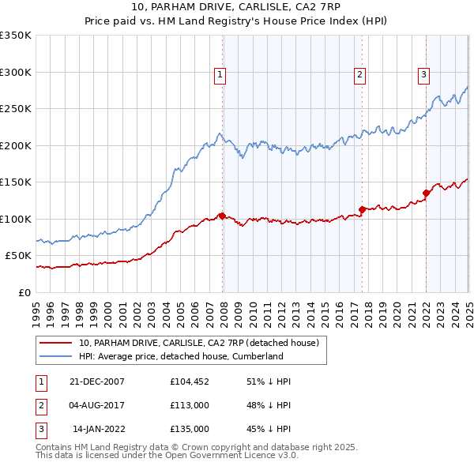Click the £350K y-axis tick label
(16, 36)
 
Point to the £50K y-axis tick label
(18, 256)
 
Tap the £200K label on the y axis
(16, 145)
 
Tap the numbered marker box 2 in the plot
(359, 75)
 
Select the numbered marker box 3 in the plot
(423, 75)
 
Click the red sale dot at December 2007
(222, 215)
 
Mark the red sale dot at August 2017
(362, 209)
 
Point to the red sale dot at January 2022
(426, 193)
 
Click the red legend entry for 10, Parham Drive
(197, 343)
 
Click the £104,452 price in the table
(189, 381)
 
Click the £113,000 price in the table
(189, 405)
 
